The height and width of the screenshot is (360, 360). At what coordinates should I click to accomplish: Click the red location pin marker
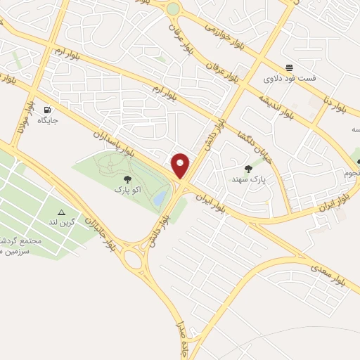(x=181, y=166)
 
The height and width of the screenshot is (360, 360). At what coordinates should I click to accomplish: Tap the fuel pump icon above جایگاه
(x=48, y=110)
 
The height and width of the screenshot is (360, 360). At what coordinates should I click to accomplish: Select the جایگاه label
(x=48, y=120)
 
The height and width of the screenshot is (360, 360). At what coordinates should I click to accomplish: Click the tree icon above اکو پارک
(x=127, y=180)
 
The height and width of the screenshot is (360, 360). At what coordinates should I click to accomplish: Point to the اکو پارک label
(x=127, y=191)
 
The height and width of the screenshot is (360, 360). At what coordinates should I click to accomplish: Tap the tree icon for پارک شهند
(x=248, y=169)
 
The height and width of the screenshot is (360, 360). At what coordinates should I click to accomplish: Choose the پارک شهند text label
(x=247, y=179)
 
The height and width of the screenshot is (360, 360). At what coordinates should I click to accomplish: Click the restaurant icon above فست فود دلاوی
(x=289, y=67)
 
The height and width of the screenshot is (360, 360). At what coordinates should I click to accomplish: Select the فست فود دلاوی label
(x=290, y=78)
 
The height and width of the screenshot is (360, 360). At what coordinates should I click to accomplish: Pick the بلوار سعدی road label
(x=330, y=271)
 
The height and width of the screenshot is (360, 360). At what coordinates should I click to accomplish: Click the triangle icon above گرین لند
(x=61, y=212)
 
